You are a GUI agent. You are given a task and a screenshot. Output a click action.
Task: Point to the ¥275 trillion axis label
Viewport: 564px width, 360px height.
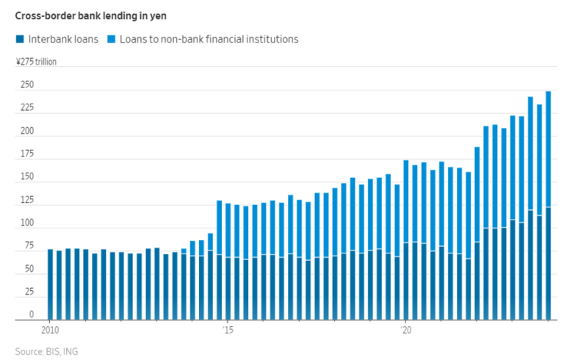pyautogui.click(x=36, y=62)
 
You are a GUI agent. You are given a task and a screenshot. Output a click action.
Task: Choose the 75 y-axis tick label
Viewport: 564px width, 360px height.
pyautogui.click(x=28, y=246)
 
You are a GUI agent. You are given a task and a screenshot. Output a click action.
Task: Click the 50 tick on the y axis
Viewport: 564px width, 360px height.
pyautogui.click(x=28, y=269)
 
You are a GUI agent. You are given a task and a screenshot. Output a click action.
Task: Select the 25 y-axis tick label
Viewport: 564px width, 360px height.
pyautogui.click(x=28, y=292)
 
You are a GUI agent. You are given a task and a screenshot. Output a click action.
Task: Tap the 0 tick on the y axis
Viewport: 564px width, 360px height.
pyautogui.click(x=31, y=314)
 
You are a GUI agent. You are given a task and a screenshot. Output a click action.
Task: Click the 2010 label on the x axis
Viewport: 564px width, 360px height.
pyautogui.click(x=50, y=330)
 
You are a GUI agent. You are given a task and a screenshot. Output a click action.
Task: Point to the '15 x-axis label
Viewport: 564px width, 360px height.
pyautogui.click(x=228, y=330)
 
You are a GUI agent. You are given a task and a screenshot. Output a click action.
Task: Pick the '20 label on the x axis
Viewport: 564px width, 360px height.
pyautogui.click(x=405, y=330)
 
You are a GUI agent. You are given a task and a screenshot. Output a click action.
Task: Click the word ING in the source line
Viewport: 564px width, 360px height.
pyautogui.click(x=70, y=351)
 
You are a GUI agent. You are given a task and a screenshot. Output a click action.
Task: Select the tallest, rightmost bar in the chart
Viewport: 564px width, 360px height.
pyautogui.click(x=549, y=206)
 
